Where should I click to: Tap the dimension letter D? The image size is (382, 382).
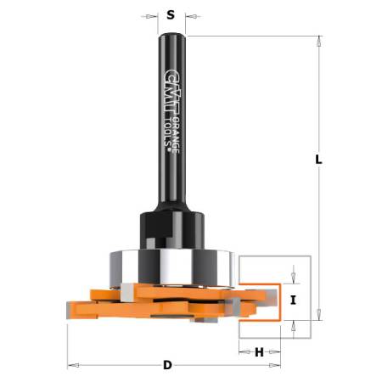coord(167,366)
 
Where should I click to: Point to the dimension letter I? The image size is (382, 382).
coord(292,299)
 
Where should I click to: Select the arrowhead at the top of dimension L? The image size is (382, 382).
coord(320,41)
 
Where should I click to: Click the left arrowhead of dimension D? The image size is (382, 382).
coord(72,366)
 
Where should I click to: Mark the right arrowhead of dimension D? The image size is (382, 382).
coord(276,366)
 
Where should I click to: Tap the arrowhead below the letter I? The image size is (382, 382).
coord(292,324)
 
